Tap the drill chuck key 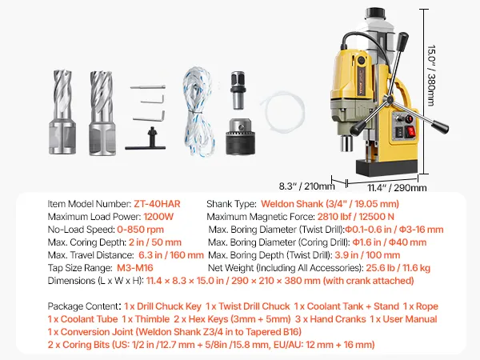(146, 139)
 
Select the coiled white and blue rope (198, 112)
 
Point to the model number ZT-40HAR (157, 204)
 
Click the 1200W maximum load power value (158, 217)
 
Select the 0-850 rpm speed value (141, 230)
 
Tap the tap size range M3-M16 (134, 268)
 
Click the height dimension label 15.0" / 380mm (431, 75)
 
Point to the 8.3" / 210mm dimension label (306, 186)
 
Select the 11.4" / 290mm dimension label (397, 187)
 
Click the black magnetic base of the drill (386, 167)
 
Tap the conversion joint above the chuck (238, 90)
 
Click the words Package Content (82, 306)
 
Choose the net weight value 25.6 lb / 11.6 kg (398, 268)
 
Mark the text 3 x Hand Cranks (330, 319)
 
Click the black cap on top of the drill (374, 13)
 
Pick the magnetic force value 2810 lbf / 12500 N (355, 217)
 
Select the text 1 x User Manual (403, 319)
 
